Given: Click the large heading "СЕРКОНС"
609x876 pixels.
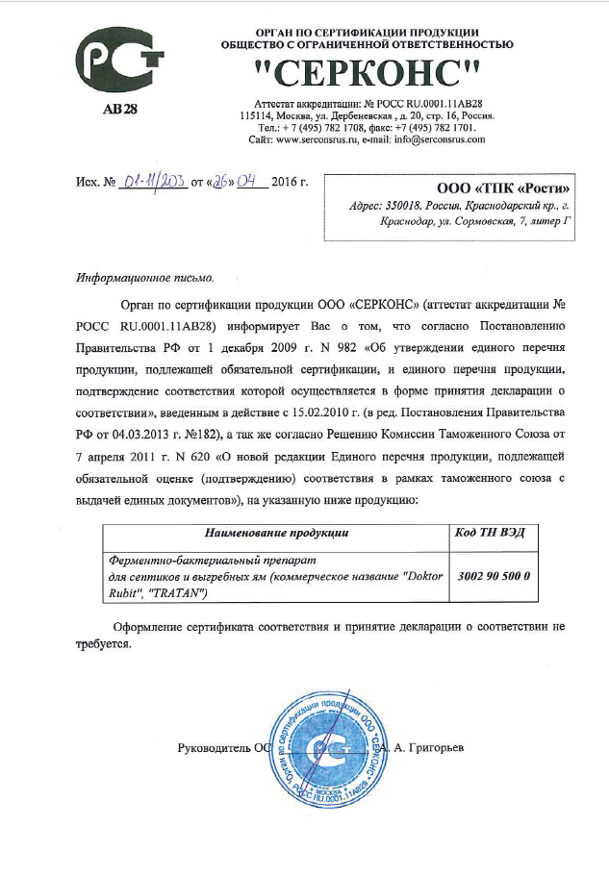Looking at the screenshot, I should tap(367, 71).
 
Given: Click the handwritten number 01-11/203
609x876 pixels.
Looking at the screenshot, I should tap(154, 183).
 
